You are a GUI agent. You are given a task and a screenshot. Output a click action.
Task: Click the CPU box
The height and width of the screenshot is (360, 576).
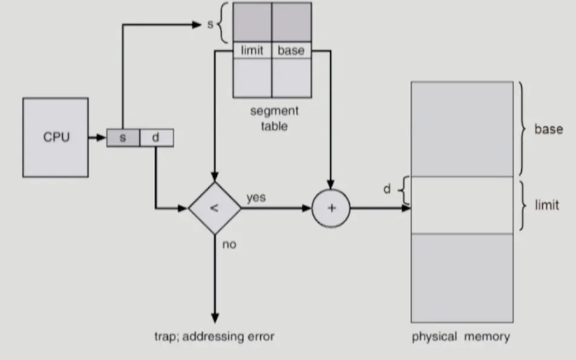click(x=56, y=137)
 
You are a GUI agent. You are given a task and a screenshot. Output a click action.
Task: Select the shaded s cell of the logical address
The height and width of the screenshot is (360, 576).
click(x=123, y=138)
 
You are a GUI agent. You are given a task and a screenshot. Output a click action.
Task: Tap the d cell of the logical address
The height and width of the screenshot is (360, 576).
click(x=156, y=138)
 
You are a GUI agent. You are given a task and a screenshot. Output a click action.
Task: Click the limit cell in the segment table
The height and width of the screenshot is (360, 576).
click(x=252, y=51)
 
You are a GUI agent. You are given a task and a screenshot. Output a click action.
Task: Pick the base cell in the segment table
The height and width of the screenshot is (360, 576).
click(x=291, y=51)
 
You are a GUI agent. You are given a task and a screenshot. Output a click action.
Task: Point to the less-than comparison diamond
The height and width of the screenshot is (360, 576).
click(x=214, y=208)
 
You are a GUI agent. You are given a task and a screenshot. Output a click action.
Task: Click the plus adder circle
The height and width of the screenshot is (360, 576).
click(x=330, y=208)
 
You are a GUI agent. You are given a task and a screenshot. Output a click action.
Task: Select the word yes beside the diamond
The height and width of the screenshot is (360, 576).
click(x=255, y=198)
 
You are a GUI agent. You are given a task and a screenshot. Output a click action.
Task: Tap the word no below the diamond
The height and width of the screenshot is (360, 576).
click(x=229, y=245)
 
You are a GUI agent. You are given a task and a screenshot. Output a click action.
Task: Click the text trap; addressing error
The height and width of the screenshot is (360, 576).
click(x=214, y=336)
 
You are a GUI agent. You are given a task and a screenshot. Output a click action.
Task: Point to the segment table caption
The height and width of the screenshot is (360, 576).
click(x=274, y=119)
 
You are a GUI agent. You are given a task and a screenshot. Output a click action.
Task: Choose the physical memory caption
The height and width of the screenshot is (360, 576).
click(x=461, y=336)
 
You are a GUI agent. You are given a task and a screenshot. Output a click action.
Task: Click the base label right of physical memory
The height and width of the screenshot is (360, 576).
click(x=548, y=129)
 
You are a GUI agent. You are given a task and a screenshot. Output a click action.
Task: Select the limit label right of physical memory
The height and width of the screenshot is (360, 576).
click(x=547, y=205)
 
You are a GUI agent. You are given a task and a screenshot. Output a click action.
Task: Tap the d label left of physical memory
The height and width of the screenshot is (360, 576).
click(x=387, y=189)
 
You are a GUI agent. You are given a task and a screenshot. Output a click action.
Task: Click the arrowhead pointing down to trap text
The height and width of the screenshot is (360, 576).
click(x=214, y=318)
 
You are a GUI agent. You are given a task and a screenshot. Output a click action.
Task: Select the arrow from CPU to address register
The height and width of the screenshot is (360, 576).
click(x=97, y=138)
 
